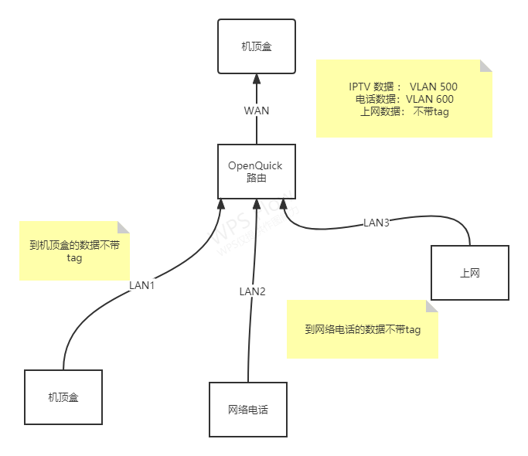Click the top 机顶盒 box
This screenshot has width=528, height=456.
256,46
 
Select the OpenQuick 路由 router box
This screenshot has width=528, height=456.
256,172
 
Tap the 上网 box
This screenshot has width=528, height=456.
470,273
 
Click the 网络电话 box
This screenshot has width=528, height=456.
248,410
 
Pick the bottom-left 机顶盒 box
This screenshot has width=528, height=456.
63,397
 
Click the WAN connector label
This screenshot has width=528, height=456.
257,111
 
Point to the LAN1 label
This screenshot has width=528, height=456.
142,285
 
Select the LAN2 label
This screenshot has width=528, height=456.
252,291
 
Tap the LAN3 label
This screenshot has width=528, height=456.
376,223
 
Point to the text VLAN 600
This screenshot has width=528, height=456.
430,99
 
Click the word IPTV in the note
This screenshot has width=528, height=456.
360,87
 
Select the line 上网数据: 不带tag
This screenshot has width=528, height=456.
404,111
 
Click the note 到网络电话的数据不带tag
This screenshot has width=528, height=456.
363,330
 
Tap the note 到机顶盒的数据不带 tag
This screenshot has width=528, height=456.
74,251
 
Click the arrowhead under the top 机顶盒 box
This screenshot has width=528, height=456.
257,79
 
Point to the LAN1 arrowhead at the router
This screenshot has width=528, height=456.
221,204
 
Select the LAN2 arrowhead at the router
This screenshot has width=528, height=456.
256,204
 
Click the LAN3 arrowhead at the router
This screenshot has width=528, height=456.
284,204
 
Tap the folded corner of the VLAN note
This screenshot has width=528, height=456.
486,66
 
